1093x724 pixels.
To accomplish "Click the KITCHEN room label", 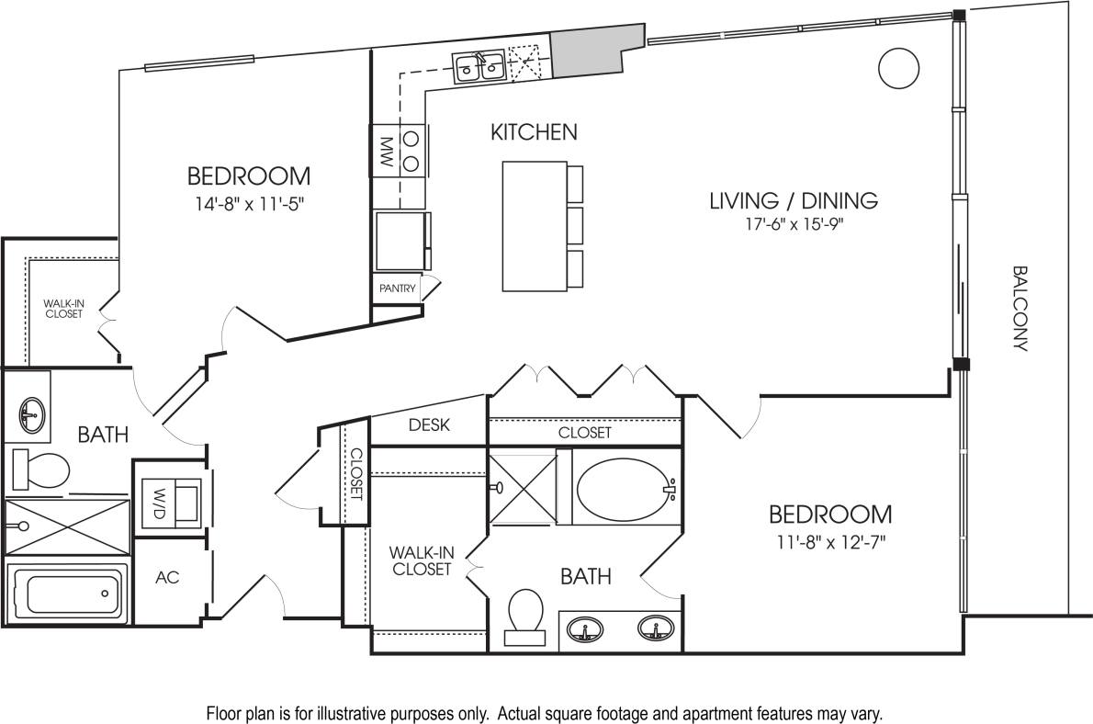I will coord(534,132).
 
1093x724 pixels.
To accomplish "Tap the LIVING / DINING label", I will coord(794,200).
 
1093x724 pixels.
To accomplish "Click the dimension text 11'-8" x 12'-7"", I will coord(829,541).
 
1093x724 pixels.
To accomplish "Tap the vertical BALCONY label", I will coord(1020,309).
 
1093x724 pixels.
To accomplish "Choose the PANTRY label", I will coord(398,288).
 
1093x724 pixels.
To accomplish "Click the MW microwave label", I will coord(386,152).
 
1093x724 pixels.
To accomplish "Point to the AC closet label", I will coord(167,578).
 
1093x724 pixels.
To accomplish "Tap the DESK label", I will coord(426,424).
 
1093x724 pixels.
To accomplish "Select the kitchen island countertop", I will coord(534,225).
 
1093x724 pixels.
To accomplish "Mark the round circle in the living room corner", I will coord(898,67).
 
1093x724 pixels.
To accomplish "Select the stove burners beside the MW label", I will coord(412,152).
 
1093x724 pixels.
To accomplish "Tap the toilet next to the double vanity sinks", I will coord(525,614).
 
